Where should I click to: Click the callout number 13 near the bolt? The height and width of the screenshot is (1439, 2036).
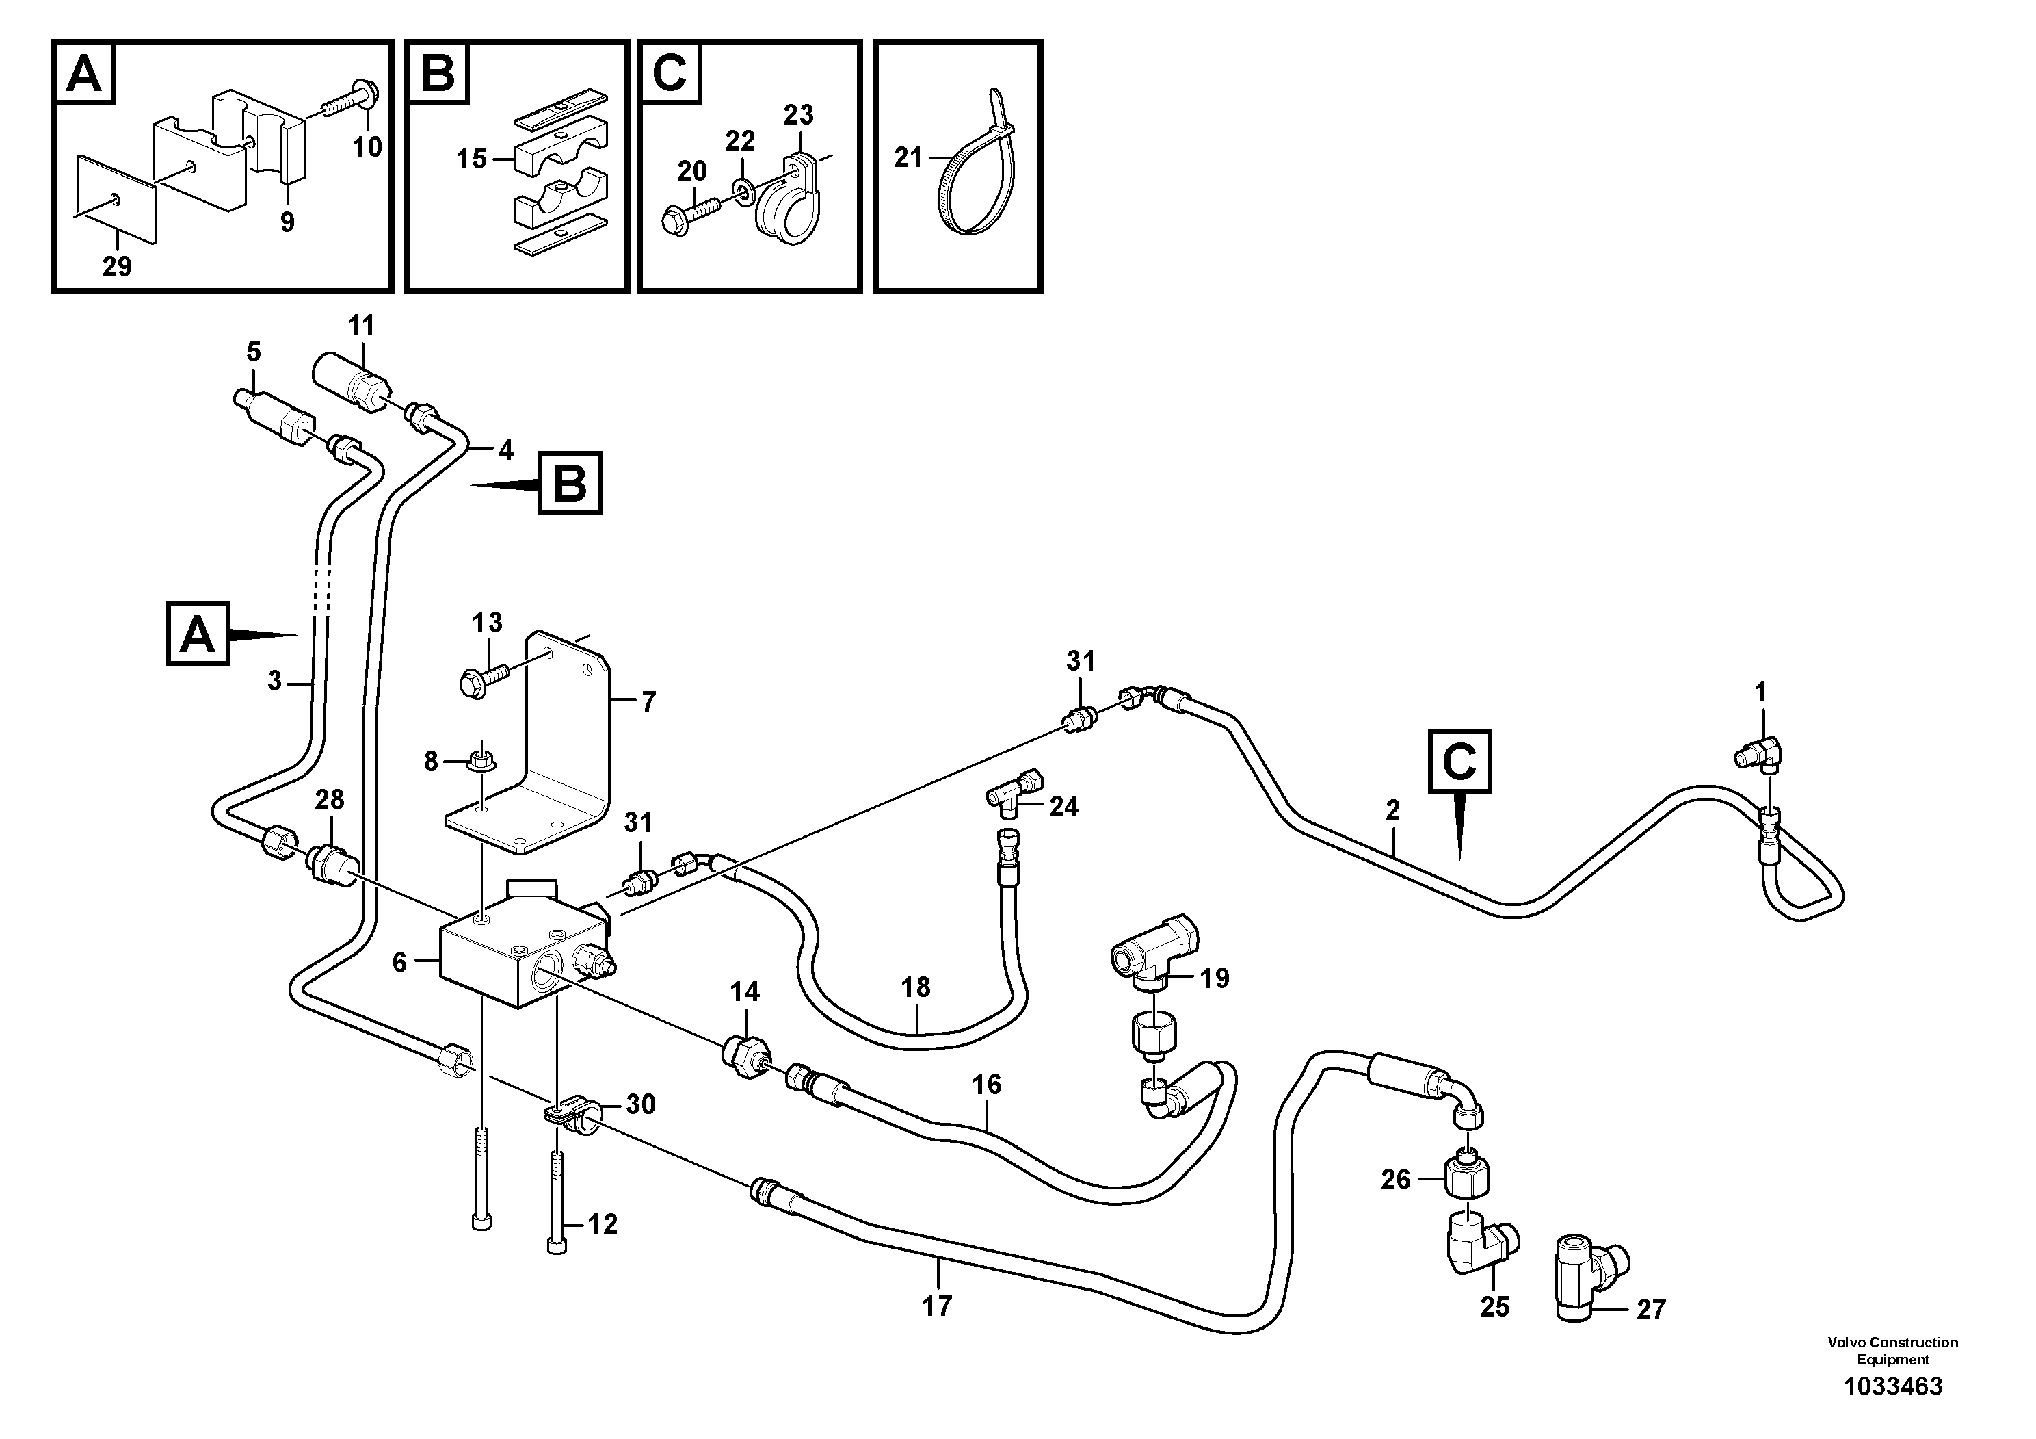(x=487, y=623)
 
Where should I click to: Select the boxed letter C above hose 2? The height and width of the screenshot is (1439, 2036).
(x=1459, y=760)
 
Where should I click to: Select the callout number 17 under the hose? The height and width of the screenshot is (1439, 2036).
(x=936, y=1306)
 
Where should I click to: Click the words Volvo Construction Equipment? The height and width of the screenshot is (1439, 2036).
(x=1892, y=1350)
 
